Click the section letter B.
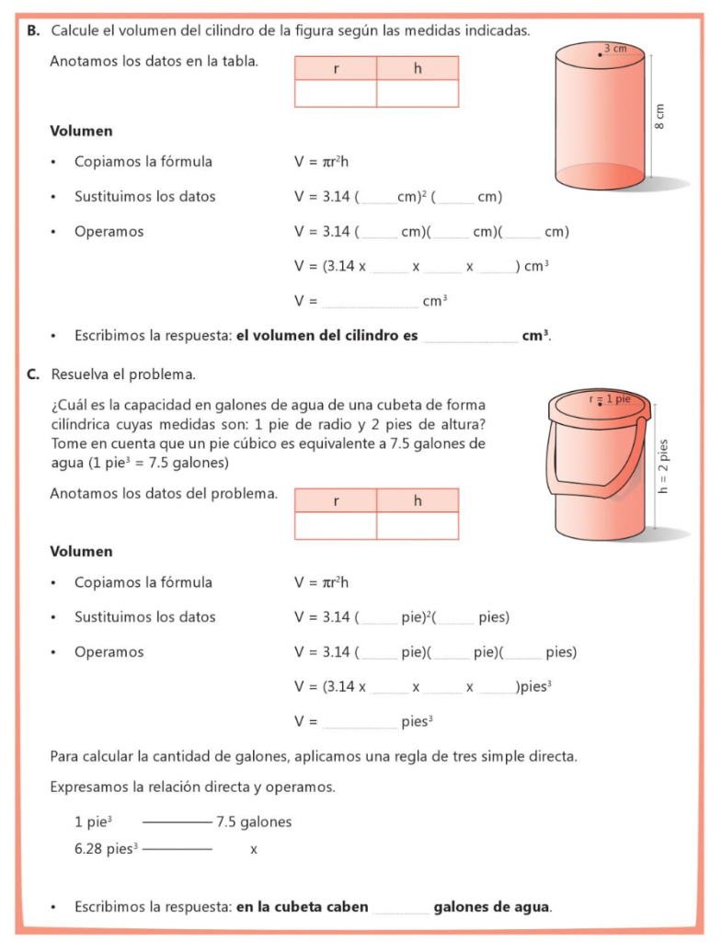coord(33,30)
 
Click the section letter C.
coord(33,374)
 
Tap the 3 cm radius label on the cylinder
coord(615,48)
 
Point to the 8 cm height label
coord(659,115)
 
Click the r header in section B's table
coord(336,69)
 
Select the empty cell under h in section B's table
coord(418,94)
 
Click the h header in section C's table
coord(418,500)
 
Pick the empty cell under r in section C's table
coord(336,525)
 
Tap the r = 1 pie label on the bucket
coord(610,399)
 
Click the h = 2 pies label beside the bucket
coord(664,465)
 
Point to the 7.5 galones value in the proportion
coord(254,821)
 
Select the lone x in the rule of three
coord(254,849)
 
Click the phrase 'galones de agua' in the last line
coord(492,907)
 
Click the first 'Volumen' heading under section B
coord(81,132)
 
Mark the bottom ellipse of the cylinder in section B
coord(600,176)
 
